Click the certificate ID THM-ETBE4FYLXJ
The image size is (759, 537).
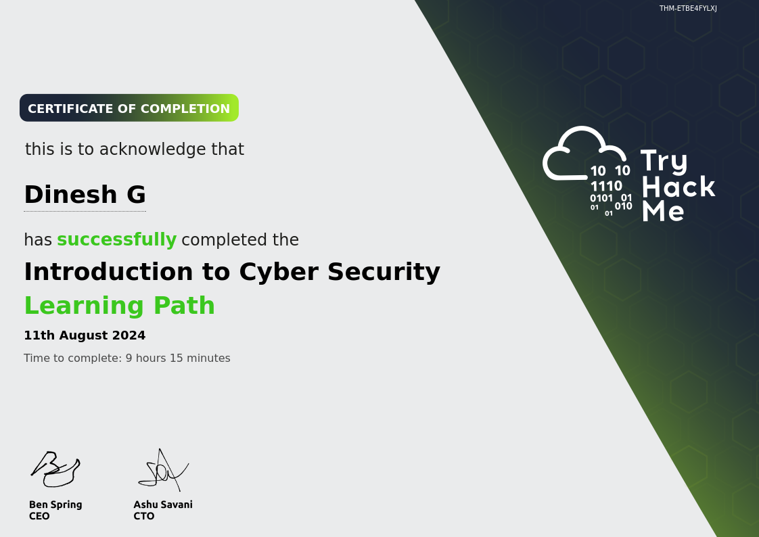(x=688, y=8)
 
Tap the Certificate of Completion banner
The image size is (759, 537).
(x=129, y=108)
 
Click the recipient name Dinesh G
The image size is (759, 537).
(x=85, y=195)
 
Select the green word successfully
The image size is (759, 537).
(x=116, y=239)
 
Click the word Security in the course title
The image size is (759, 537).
(x=384, y=272)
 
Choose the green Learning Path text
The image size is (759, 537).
(x=120, y=306)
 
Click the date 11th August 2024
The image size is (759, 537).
(x=85, y=335)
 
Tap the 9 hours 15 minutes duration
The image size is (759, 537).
(x=178, y=358)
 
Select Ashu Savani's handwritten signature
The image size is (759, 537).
(x=163, y=470)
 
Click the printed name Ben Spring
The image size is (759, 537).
(x=55, y=505)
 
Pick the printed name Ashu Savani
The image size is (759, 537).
(x=163, y=505)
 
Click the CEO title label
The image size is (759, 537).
(x=39, y=516)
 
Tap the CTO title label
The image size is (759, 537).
(x=144, y=516)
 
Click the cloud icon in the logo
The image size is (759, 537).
(x=584, y=154)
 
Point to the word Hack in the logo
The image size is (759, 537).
(x=678, y=187)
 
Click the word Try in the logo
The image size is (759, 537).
(x=664, y=161)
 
